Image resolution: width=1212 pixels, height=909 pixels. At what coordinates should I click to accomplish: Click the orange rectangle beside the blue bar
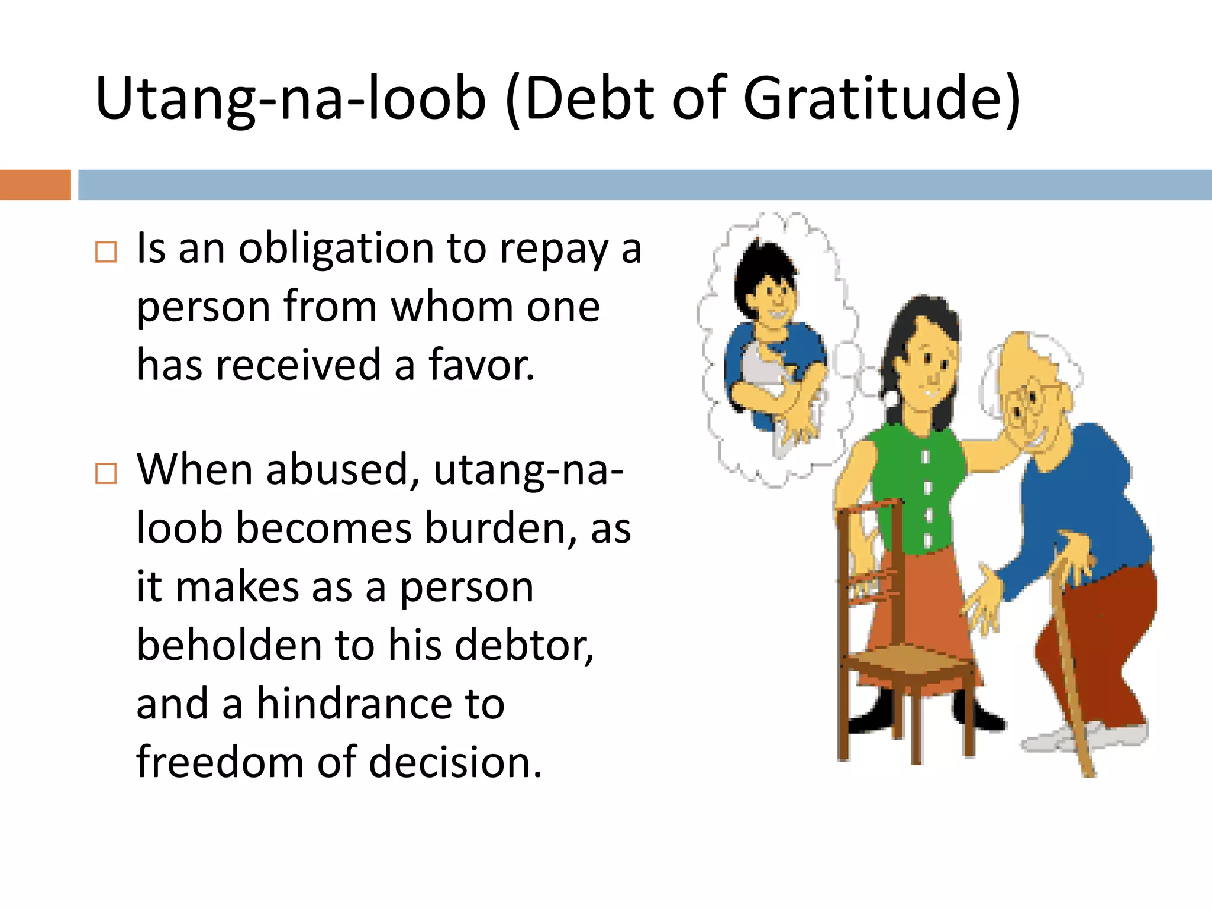point(35,185)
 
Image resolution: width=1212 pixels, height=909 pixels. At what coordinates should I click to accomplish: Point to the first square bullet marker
point(106,252)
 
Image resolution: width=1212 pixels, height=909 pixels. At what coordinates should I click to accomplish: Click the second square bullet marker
point(106,473)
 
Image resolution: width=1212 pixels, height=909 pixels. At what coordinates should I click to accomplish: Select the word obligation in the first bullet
point(336,249)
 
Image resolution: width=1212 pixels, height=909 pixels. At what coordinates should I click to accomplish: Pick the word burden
point(501,528)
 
